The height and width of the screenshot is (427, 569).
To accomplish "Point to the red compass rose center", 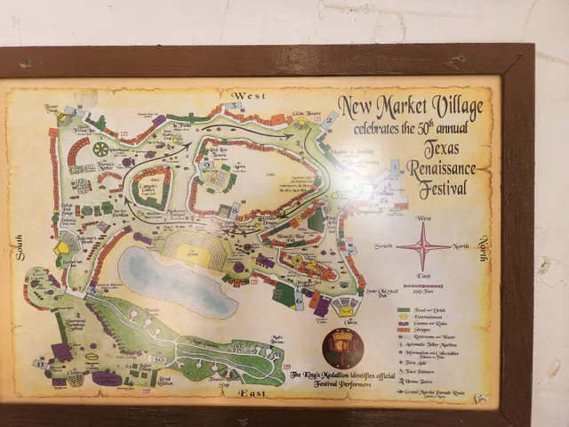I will click(x=423, y=246).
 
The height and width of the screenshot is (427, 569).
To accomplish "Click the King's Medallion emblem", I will click(x=342, y=347).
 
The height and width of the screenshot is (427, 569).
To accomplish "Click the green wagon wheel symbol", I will click(x=100, y=149).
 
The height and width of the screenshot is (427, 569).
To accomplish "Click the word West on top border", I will click(x=245, y=94).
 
